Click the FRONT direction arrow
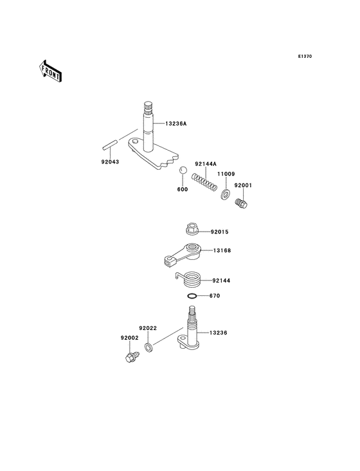(x=50, y=71)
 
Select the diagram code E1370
(x=305, y=56)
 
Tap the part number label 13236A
(x=175, y=124)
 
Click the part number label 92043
(x=110, y=162)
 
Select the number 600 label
(x=182, y=189)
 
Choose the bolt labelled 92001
(x=243, y=203)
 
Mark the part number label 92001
(x=243, y=185)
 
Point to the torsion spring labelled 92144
(x=192, y=281)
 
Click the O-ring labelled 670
(x=192, y=296)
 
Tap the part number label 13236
(x=219, y=333)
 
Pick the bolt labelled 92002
(x=130, y=355)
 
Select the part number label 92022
(x=148, y=329)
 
